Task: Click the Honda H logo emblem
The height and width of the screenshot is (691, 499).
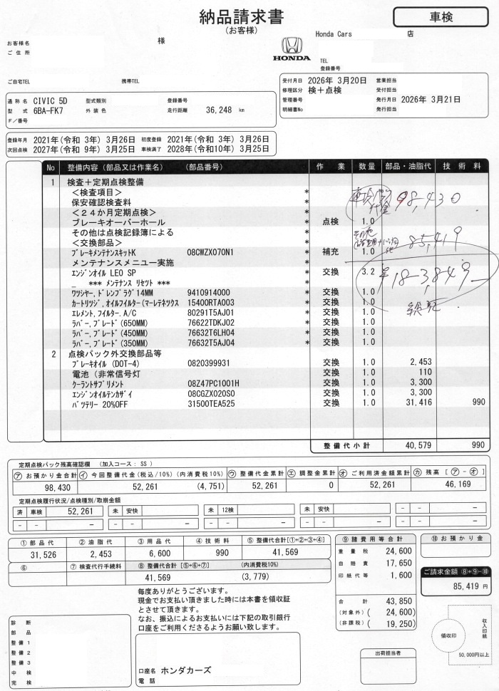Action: pos(292,45)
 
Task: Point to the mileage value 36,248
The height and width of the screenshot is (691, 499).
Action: pos(220,110)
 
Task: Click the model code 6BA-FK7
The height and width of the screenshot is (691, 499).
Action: pos(48,111)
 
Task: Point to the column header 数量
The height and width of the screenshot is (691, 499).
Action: pos(367,167)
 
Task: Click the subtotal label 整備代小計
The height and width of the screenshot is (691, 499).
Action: pos(346,445)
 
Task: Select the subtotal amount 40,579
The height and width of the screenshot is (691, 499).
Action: pos(416,445)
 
